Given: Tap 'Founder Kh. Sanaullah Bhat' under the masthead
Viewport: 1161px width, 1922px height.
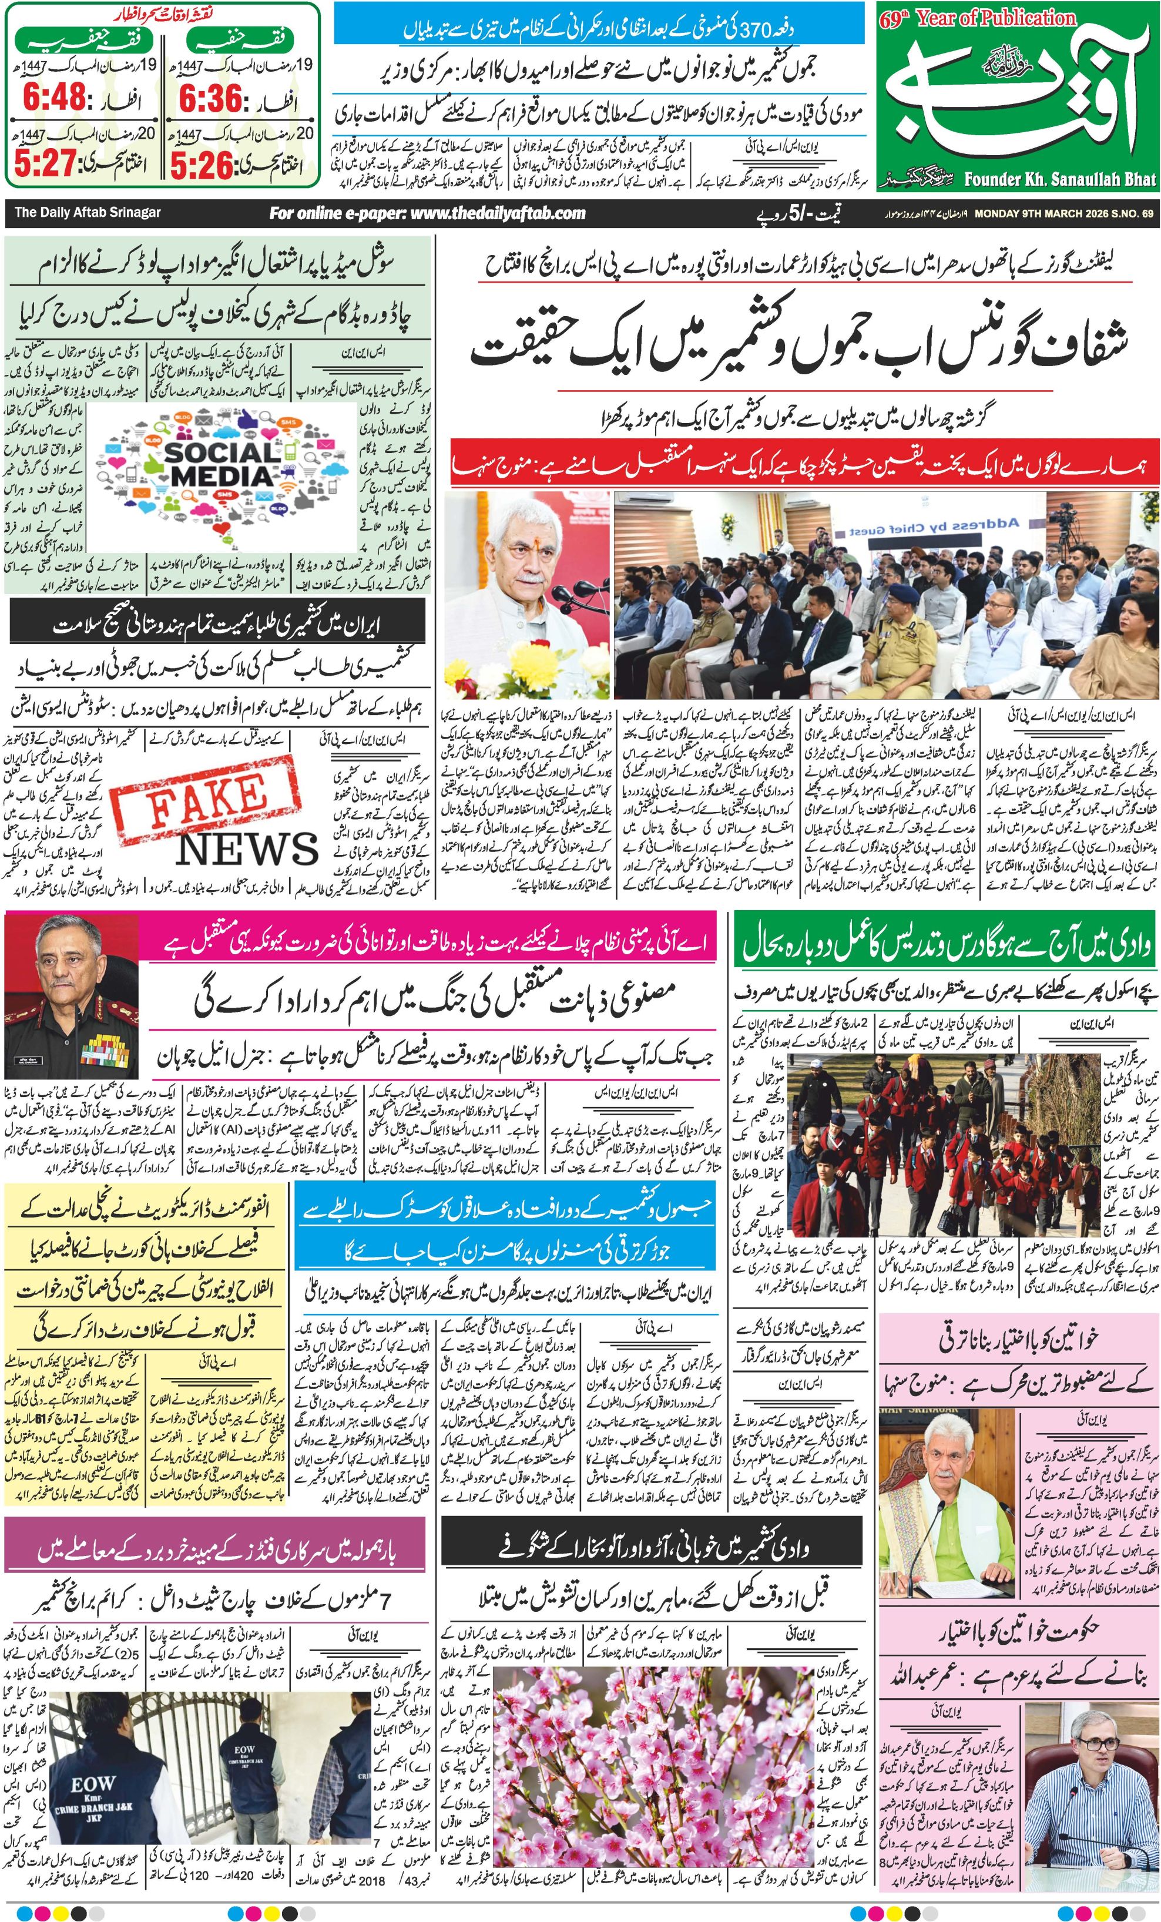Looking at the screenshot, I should coord(1059,179).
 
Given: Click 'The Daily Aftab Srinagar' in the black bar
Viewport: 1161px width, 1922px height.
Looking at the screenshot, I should coord(88,212).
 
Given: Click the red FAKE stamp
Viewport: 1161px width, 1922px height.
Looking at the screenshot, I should coord(204,798).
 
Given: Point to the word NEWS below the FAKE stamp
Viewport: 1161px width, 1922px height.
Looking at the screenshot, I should coord(247,850).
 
